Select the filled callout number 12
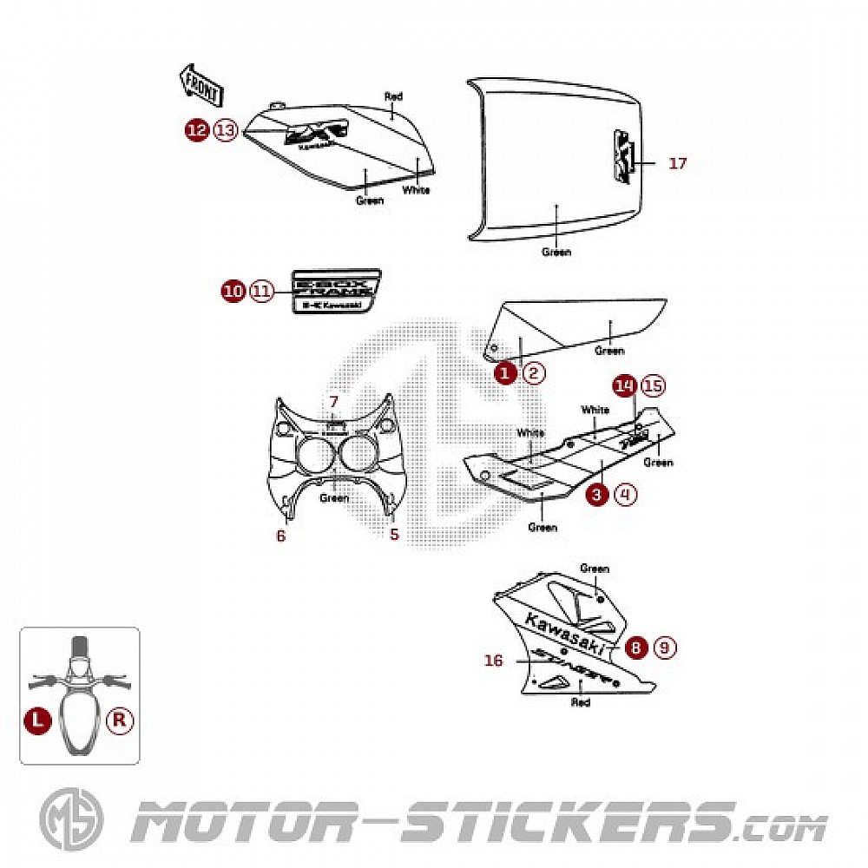click(198, 130)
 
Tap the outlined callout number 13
click(225, 130)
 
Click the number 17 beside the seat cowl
click(677, 162)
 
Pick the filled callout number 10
click(233, 292)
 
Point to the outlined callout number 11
click(260, 292)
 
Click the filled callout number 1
click(506, 373)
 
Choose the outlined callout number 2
click(534, 373)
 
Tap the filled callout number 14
click(624, 385)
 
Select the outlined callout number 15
click(652, 385)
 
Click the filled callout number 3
click(597, 495)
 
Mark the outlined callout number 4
click(625, 495)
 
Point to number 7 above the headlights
click(333, 402)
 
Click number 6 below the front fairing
click(280, 536)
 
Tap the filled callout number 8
click(638, 647)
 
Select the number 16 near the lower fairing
click(494, 661)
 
